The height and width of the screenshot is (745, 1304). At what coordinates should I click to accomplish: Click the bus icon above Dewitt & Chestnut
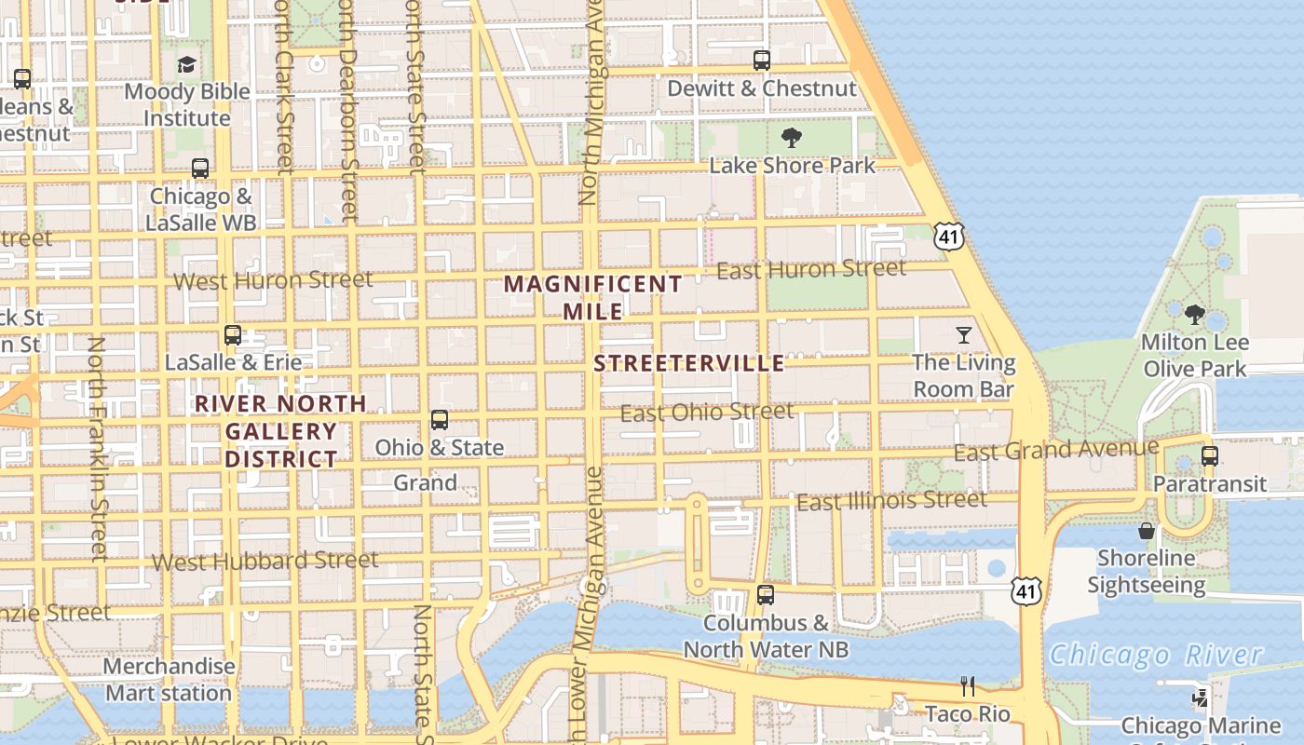click(762, 61)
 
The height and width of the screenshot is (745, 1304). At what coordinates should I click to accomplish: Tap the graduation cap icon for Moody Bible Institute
click(187, 64)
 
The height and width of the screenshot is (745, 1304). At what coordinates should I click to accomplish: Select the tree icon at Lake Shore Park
click(792, 139)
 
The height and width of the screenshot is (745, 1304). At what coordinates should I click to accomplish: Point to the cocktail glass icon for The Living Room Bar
click(963, 334)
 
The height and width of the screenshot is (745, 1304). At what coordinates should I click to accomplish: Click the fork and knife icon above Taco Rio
click(968, 686)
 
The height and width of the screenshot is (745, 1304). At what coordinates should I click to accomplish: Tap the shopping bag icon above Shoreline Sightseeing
click(1147, 531)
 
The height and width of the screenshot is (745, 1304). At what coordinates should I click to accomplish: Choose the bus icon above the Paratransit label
click(1209, 456)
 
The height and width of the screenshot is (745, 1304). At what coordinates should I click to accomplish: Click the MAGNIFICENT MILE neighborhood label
click(594, 297)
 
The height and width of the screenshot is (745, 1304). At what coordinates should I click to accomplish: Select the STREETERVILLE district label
click(689, 363)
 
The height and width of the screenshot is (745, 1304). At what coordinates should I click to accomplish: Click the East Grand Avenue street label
click(1056, 451)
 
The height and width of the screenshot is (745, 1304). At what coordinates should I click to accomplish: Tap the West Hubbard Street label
click(265, 561)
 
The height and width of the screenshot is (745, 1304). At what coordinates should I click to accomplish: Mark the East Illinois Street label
click(891, 501)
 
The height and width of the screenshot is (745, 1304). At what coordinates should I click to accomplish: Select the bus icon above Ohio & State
click(440, 420)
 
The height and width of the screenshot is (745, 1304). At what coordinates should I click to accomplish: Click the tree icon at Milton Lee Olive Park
click(1195, 315)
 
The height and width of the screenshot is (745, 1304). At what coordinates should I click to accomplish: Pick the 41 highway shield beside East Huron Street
click(948, 237)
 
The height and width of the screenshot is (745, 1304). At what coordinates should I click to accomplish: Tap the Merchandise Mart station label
click(169, 680)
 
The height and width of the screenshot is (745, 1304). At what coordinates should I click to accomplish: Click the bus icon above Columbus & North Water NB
click(766, 594)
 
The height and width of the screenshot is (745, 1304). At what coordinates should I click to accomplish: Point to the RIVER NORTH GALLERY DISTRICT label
click(280, 431)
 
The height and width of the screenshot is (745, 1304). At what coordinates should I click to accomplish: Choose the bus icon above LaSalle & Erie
click(233, 335)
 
